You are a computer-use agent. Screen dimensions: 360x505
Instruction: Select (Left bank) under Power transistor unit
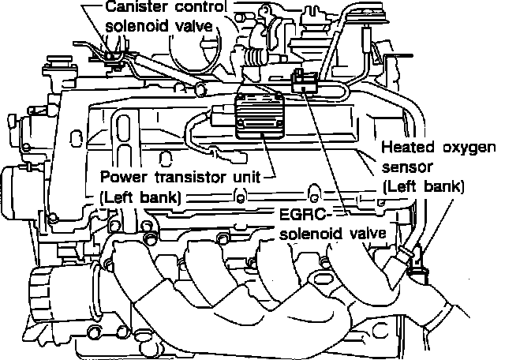click(x=138, y=197)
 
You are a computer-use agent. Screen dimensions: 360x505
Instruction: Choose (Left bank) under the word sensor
click(x=422, y=187)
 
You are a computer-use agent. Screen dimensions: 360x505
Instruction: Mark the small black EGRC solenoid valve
click(x=302, y=79)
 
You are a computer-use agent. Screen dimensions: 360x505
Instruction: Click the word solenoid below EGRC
click(x=313, y=234)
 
